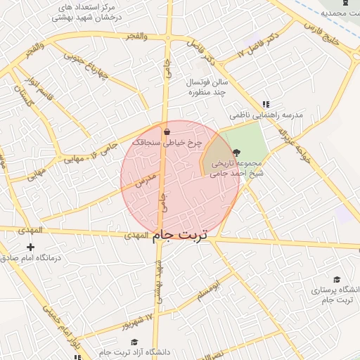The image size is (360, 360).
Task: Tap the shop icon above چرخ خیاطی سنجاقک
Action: click(x=167, y=131)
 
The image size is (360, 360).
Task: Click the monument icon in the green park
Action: click(x=236, y=151)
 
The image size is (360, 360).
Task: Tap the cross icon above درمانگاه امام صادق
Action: click(x=30, y=247)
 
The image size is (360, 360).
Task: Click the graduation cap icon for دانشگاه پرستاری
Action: click(x=337, y=280)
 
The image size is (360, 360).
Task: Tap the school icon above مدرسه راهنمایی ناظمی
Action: click(x=266, y=103)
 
